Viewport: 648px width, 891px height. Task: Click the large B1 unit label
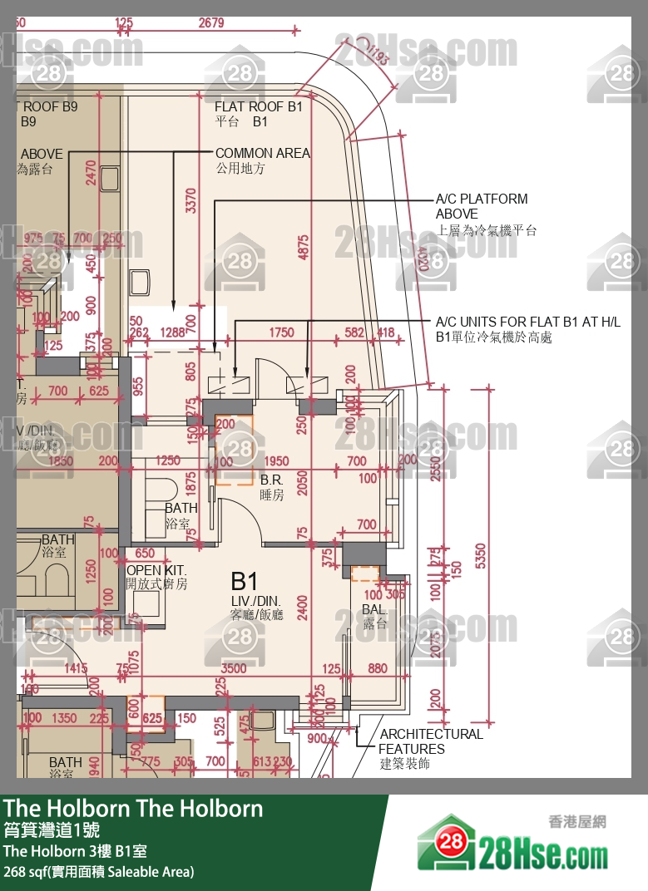[x=245, y=581]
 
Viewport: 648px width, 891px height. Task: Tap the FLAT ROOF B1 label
[x=258, y=114]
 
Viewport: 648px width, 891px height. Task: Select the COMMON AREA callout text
[x=262, y=160]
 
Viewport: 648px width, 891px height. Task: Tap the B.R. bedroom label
[x=272, y=487]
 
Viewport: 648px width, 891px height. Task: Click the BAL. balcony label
[x=374, y=617]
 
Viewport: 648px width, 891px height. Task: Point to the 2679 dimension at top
[x=211, y=23]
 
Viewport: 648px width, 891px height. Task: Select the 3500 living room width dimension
[x=235, y=668]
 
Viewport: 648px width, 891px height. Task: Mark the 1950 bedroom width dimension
[x=275, y=461]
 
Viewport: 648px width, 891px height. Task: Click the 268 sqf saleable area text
[x=98, y=872]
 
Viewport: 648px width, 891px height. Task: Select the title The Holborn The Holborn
[x=133, y=808]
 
